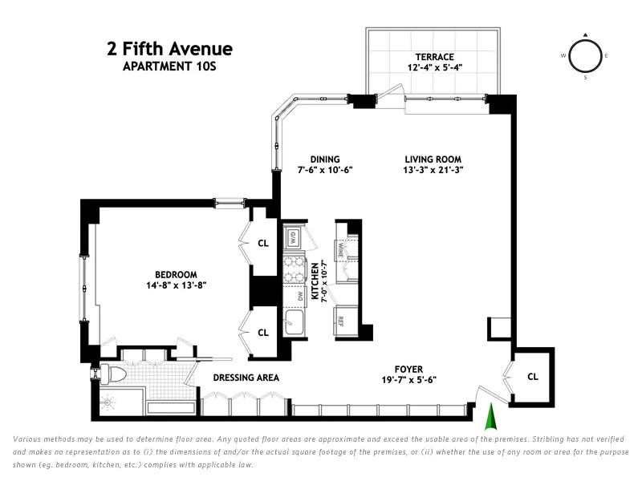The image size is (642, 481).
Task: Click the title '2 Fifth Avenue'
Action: coord(169,49)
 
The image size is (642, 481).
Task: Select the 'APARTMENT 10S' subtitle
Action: coord(169,67)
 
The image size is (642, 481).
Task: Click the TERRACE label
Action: coord(434,57)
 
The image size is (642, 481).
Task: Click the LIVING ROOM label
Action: coord(433,159)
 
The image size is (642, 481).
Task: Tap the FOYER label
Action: coord(408,369)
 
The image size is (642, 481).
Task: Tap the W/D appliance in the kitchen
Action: coord(293,238)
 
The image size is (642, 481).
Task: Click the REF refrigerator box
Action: coord(341,320)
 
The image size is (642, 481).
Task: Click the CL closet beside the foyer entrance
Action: coord(533,376)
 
